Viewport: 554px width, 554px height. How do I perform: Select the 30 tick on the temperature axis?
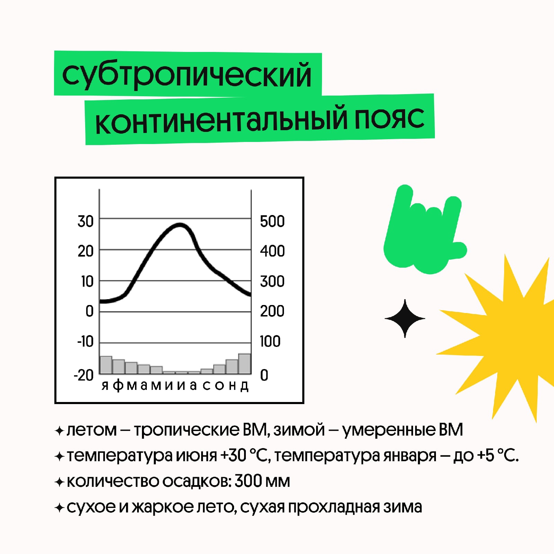coord(86,222)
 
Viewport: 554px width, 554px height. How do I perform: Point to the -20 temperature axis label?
coord(83,375)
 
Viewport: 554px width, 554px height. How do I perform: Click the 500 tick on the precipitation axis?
coord(272,222)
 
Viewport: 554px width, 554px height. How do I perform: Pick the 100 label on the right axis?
coord(270,341)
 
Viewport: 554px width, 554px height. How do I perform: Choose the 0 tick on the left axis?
coord(90,311)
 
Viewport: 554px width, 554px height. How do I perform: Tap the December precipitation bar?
coord(244,364)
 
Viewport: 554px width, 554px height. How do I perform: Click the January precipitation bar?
coord(106,365)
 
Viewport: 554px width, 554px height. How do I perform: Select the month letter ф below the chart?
coord(118,385)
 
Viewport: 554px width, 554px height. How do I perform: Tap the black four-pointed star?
coord(405,318)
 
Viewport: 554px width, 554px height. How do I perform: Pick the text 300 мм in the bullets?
coord(262,481)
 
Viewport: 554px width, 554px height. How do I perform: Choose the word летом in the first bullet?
coord(92,430)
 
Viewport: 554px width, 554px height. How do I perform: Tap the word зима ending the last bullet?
coord(402,507)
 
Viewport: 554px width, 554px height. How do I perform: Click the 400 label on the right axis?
coord(272,251)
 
